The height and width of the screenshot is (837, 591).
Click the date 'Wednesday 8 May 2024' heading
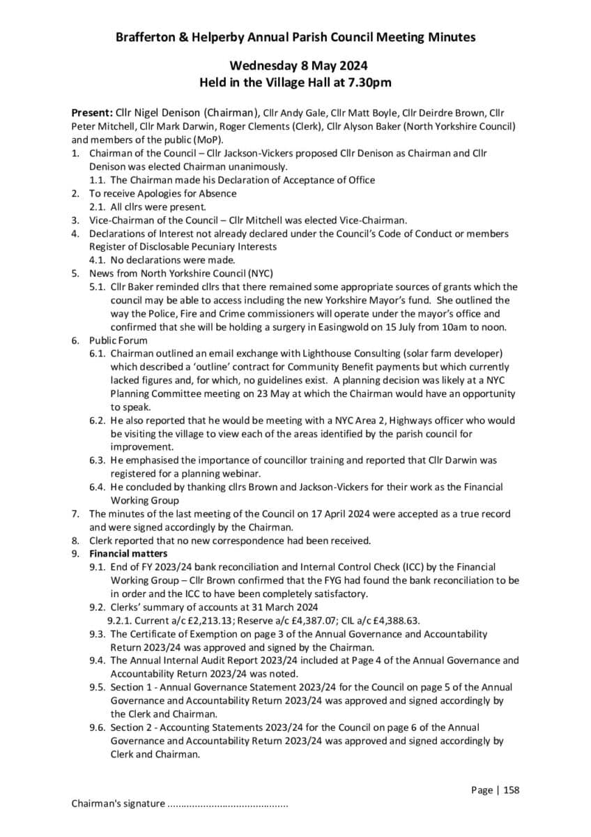click(x=295, y=66)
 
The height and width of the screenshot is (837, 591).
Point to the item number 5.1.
click(x=98, y=287)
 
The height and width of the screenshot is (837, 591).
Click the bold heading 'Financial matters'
click(x=128, y=554)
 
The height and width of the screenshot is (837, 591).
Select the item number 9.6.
click(x=98, y=727)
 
